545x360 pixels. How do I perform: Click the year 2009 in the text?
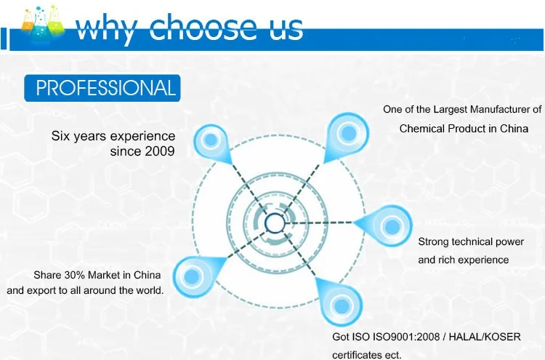160,151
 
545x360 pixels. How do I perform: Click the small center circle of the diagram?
275,222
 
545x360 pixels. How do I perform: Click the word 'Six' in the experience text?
61,136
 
